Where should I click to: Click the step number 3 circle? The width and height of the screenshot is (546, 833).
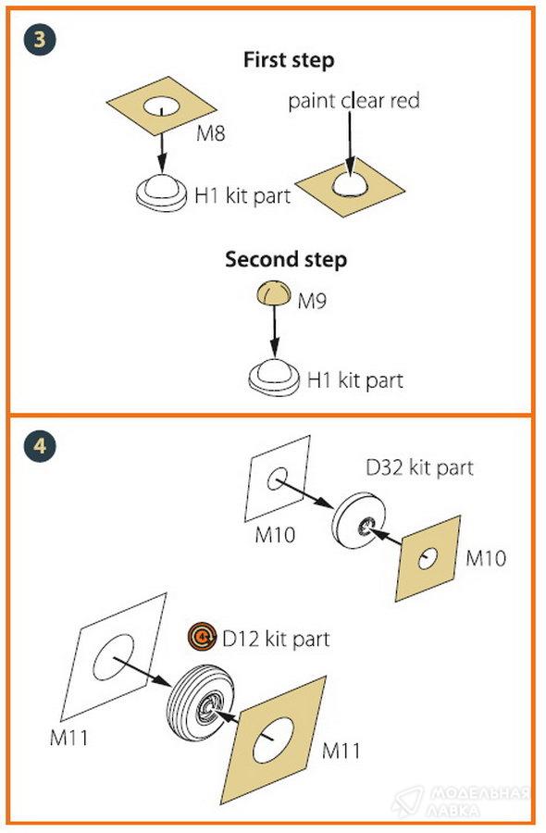pyautogui.click(x=40, y=39)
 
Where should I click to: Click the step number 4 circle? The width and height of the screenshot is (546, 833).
pyautogui.click(x=40, y=445)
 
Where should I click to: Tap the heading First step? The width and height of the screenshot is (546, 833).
pyautogui.click(x=289, y=59)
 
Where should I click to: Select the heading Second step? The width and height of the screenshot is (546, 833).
pyautogui.click(x=286, y=259)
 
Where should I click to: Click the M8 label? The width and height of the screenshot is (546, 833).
pyautogui.click(x=211, y=132)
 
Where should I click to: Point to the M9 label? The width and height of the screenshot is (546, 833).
pyautogui.click(x=312, y=301)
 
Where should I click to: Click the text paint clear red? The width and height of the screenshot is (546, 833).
pyautogui.click(x=354, y=100)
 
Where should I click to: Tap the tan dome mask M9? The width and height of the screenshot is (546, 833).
pyautogui.click(x=274, y=294)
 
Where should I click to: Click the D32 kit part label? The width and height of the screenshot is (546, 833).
pyautogui.click(x=419, y=467)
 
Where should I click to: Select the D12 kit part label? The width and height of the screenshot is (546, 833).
pyautogui.click(x=276, y=639)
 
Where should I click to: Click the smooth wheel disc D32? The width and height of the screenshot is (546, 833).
pyautogui.click(x=358, y=521)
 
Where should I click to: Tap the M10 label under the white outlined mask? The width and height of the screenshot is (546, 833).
pyautogui.click(x=275, y=534)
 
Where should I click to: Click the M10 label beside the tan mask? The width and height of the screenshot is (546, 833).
pyautogui.click(x=486, y=558)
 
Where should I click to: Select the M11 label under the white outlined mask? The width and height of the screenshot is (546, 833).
pyautogui.click(x=69, y=738)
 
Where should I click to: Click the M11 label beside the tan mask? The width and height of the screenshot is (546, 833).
pyautogui.click(x=341, y=751)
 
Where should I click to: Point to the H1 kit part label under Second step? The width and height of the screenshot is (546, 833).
pyautogui.click(x=355, y=380)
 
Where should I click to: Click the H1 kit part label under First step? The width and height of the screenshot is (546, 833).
pyautogui.click(x=242, y=196)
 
